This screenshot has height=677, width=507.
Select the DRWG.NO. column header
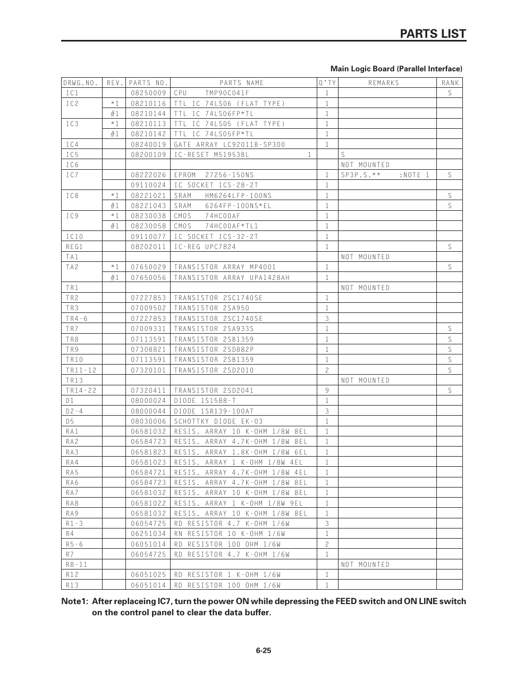click(x=81, y=83)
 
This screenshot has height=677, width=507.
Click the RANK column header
click(x=450, y=83)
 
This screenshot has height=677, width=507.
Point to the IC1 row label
click(x=72, y=93)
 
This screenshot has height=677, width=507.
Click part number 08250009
click(x=148, y=93)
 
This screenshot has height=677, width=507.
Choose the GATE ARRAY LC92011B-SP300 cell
click(x=230, y=144)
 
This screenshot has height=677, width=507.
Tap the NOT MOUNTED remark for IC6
click(x=366, y=165)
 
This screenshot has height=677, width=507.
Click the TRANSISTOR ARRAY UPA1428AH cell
click(x=232, y=278)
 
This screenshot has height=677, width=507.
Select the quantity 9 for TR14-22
click(x=327, y=391)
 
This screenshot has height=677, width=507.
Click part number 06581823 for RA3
click(x=148, y=452)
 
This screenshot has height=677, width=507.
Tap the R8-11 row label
click(x=77, y=565)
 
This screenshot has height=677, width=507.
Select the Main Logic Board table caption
click(x=396, y=69)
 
